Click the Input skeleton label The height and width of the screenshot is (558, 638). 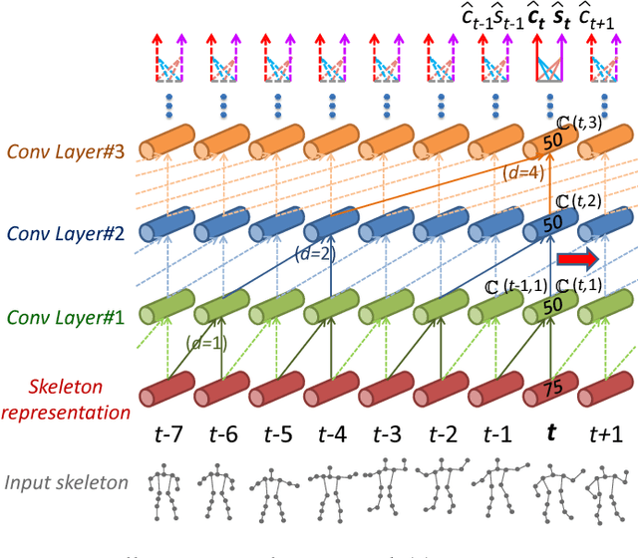[x=67, y=483]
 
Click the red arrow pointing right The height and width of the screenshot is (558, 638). [x=577, y=260]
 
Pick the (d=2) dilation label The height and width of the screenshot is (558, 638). [x=313, y=254]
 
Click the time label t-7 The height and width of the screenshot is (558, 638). [x=168, y=434]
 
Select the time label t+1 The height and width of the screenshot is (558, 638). [x=606, y=434]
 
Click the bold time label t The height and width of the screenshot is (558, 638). [x=550, y=434]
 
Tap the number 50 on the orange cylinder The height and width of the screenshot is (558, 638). [x=552, y=144]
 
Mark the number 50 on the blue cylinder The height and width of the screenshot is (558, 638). [x=552, y=226]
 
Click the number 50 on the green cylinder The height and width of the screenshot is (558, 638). [x=552, y=308]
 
